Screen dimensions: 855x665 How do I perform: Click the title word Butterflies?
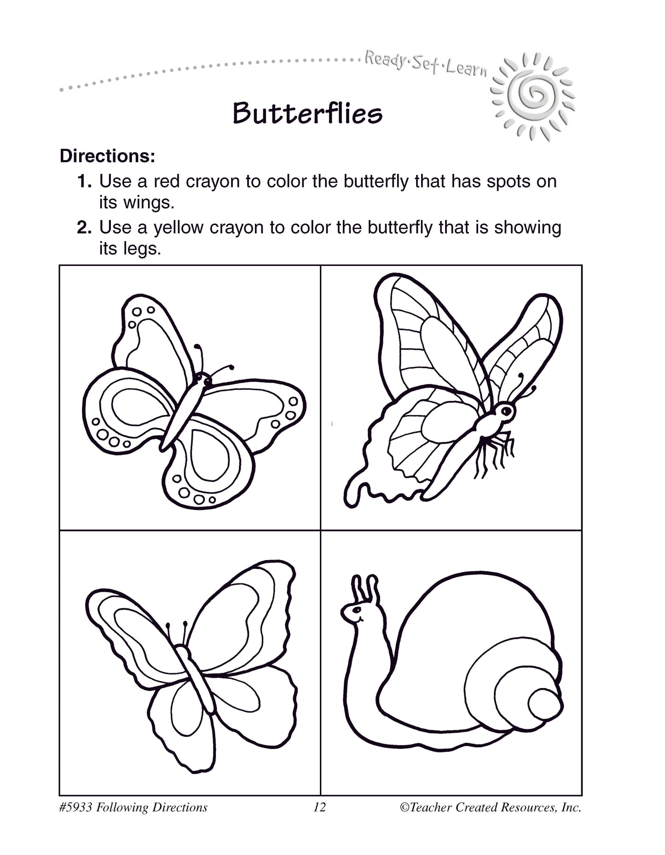[x=307, y=113]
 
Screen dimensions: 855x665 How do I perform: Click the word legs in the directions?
[x=143, y=249]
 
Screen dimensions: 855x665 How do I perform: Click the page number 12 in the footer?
[x=319, y=807]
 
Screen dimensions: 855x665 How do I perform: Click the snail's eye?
[x=355, y=609]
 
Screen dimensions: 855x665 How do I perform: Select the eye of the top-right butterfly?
[x=507, y=410]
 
